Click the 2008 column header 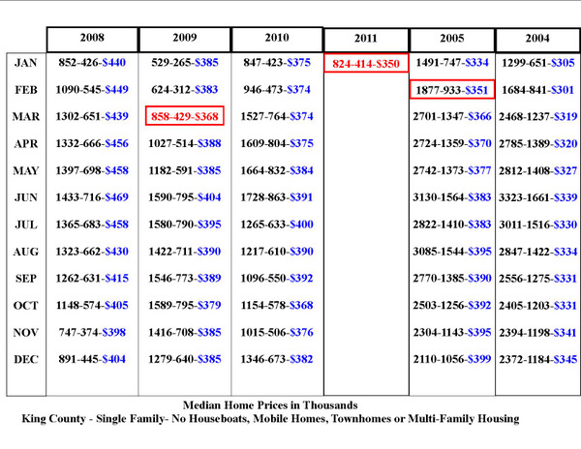pos(92,38)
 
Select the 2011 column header pos(366,39)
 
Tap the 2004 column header pos(537,39)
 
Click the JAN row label pos(25,63)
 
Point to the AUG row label pos(25,252)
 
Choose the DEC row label pos(25,359)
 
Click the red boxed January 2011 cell pos(366,63)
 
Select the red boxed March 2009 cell pos(185,116)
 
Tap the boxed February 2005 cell pos(452,90)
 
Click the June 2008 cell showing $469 pos(92,197)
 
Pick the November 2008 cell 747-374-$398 pos(92,333)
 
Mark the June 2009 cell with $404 pos(185,197)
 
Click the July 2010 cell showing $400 pos(277,224)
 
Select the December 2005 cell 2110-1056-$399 pos(452,359)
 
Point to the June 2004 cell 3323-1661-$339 pos(537,197)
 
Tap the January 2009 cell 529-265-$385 pos(185,63)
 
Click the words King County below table pos(53,419)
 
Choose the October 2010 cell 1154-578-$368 pos(277,306)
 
